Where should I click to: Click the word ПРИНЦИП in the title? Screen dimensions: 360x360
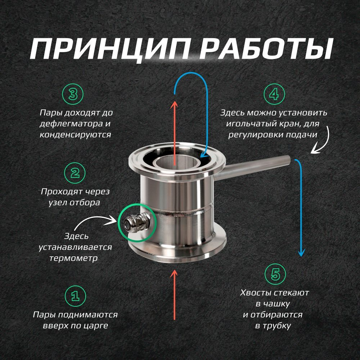tap(111, 49)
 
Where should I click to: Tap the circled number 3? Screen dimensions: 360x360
tap(73, 94)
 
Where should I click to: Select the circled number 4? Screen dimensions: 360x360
tap(274, 94)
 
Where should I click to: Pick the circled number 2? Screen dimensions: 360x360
tap(75, 173)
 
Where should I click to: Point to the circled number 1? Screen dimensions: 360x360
tap(75, 296)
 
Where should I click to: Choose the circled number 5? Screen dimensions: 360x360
tap(275, 274)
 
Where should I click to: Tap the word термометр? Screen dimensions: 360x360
tap(74, 258)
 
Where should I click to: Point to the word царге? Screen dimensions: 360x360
tap(95, 326)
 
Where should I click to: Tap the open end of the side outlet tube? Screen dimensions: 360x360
tap(288, 159)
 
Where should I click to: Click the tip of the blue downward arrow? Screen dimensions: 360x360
tap(301, 256)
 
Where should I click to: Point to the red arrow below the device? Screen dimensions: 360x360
tap(175, 295)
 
